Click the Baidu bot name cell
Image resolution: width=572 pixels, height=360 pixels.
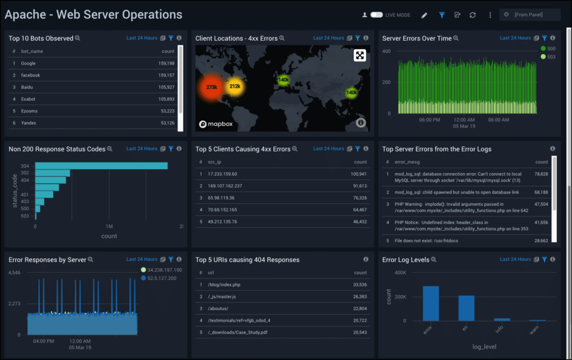tap(27, 87)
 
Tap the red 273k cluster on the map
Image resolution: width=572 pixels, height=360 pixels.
tap(212, 87)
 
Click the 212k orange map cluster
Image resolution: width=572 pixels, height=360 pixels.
tap(235, 86)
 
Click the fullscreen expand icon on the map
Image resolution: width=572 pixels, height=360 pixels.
tap(360, 55)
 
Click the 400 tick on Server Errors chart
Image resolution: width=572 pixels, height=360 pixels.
tap(386, 51)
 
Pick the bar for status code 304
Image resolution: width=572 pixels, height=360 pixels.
tap(101, 165)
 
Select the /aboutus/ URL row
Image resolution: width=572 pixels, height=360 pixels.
tap(218, 309)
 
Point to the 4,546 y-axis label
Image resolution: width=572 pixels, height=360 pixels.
tap(14, 273)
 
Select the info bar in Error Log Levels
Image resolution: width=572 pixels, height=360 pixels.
tap(502, 319)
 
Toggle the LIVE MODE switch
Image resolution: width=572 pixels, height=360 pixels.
tap(376, 15)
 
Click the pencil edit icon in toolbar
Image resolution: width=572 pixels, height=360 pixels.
tap(425, 15)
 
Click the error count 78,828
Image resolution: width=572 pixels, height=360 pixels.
tap(541, 174)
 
